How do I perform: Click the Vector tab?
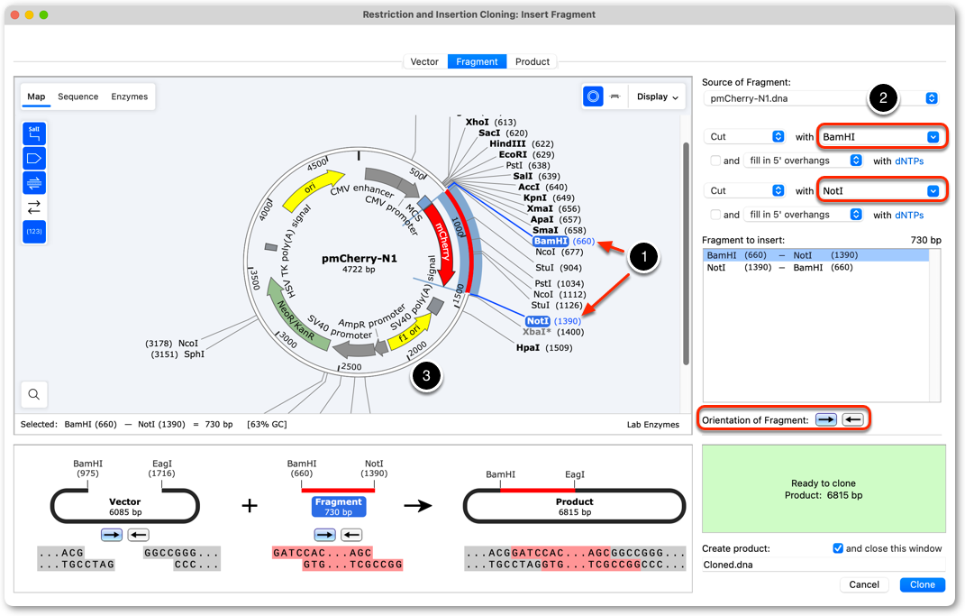click(424, 61)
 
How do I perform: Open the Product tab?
click(533, 61)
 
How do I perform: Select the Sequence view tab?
click(78, 97)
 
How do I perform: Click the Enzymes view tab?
click(129, 97)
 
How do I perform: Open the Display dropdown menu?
click(657, 97)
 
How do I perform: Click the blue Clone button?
click(922, 584)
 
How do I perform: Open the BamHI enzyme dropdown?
click(880, 137)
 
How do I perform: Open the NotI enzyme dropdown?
click(880, 191)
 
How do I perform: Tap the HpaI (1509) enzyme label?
click(544, 347)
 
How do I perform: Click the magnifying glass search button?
click(34, 394)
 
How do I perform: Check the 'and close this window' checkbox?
click(838, 548)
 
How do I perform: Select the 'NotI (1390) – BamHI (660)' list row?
click(779, 267)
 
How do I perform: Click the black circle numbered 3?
click(426, 376)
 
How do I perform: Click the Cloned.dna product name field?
click(824, 565)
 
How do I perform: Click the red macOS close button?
click(14, 14)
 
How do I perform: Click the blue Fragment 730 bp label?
click(339, 507)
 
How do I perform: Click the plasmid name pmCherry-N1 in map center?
click(359, 259)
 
